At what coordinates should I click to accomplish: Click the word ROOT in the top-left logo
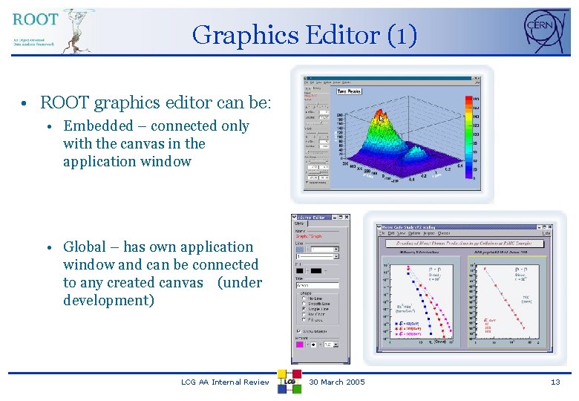click(35, 19)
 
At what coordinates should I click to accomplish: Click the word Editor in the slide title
click(336, 35)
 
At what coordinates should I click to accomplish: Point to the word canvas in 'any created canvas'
click(179, 283)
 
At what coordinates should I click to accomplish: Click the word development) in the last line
click(108, 301)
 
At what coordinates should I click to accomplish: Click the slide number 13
click(555, 382)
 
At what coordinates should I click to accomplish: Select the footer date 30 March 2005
click(337, 382)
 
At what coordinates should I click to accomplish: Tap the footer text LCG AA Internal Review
click(225, 382)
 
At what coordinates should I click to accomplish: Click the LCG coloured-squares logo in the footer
click(289, 381)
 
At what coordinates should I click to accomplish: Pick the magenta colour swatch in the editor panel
click(300, 345)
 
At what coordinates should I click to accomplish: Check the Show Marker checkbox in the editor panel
click(298, 332)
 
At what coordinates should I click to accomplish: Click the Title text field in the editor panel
click(317, 285)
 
